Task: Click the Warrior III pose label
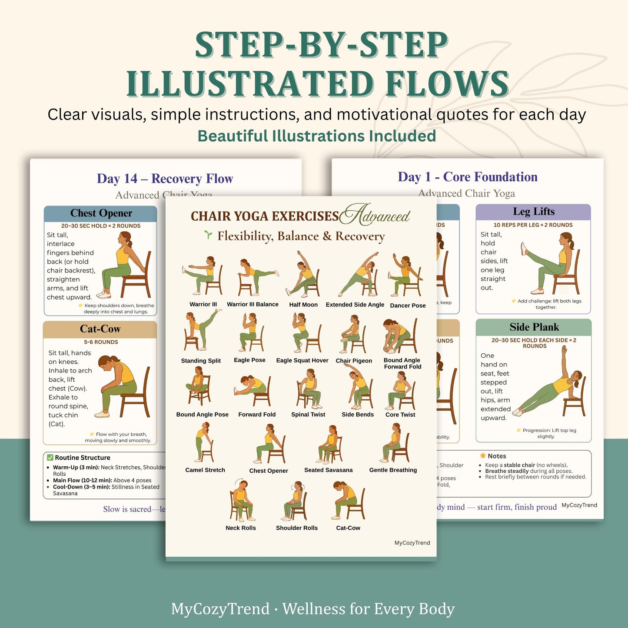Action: point(203,304)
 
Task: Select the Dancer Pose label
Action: point(408,306)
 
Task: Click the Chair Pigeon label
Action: point(354,361)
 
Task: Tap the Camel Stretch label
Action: point(205,470)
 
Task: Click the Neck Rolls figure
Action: point(240,500)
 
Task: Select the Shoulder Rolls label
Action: point(297,528)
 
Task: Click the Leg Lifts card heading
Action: point(533,212)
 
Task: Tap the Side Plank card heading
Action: point(534,327)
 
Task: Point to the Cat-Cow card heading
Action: point(100,329)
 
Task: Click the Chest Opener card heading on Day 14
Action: point(101,213)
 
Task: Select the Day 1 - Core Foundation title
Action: point(467,177)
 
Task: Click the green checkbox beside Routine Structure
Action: point(50,458)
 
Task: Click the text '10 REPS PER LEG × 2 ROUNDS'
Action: point(533,225)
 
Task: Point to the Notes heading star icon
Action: point(482,456)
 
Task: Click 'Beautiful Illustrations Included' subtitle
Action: point(316,136)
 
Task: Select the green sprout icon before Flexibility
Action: point(209,235)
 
